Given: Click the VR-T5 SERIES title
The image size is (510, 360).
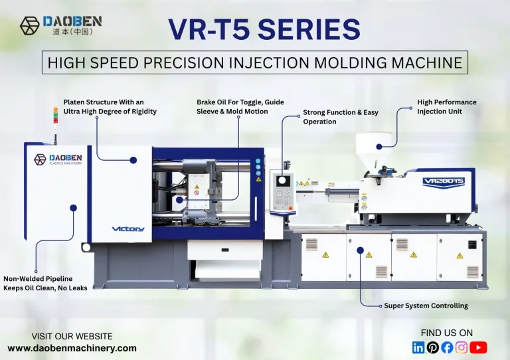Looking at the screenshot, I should (264, 30).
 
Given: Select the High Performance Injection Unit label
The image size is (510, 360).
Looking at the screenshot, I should (446, 106).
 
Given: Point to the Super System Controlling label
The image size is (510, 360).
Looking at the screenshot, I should (426, 306).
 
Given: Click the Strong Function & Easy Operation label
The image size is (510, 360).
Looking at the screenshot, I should (340, 117).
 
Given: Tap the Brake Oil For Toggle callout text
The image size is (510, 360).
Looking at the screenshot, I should (232, 107).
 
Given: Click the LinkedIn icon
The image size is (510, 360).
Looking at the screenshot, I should (418, 347).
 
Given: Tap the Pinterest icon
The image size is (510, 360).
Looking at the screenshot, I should (432, 347).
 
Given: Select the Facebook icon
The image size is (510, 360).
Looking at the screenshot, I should (447, 347).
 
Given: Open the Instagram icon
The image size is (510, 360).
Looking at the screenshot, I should (462, 347).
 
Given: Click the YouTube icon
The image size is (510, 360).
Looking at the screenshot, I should (478, 347).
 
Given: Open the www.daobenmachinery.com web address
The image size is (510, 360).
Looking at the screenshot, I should (72, 347).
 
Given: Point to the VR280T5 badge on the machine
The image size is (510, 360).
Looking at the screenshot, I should (443, 180).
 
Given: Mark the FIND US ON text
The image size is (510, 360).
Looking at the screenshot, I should (447, 332).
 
